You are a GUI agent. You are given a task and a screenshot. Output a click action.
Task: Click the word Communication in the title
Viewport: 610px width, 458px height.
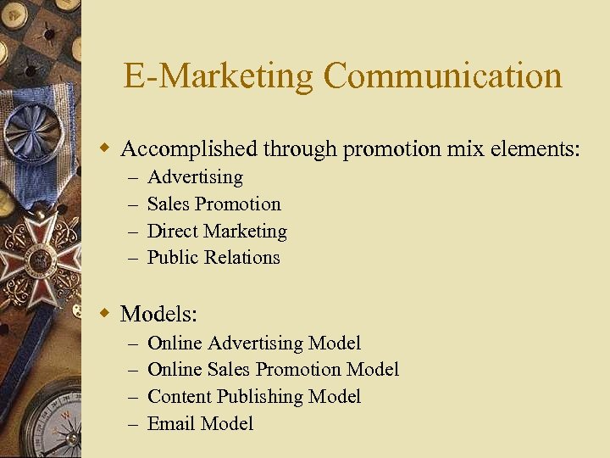(x=442, y=76)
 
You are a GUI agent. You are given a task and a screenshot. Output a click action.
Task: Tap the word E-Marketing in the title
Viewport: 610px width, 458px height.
(x=219, y=76)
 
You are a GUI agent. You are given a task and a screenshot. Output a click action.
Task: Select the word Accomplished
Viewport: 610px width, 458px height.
(x=189, y=149)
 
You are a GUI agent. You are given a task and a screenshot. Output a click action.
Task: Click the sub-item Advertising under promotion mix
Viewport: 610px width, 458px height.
(x=195, y=177)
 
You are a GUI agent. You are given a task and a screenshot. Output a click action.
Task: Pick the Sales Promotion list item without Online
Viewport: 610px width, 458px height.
(x=213, y=204)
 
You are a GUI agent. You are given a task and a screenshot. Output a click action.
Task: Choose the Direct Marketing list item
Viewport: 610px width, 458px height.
(x=217, y=232)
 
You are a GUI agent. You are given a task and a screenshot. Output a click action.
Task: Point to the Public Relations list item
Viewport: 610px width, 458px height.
(x=213, y=258)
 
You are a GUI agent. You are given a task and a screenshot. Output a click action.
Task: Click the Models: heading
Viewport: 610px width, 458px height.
(x=158, y=315)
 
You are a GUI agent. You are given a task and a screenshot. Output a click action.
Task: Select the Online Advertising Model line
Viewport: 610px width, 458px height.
(x=253, y=343)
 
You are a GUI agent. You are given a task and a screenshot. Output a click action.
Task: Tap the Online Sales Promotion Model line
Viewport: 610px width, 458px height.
(x=273, y=370)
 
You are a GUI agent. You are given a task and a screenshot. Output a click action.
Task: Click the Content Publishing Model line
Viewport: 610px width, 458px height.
(x=253, y=397)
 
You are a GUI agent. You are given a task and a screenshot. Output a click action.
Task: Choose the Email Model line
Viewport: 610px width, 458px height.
(x=200, y=424)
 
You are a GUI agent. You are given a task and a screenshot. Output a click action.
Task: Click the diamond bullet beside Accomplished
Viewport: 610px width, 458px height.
(x=105, y=149)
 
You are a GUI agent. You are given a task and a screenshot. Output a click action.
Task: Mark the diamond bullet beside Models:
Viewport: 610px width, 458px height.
(x=105, y=314)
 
